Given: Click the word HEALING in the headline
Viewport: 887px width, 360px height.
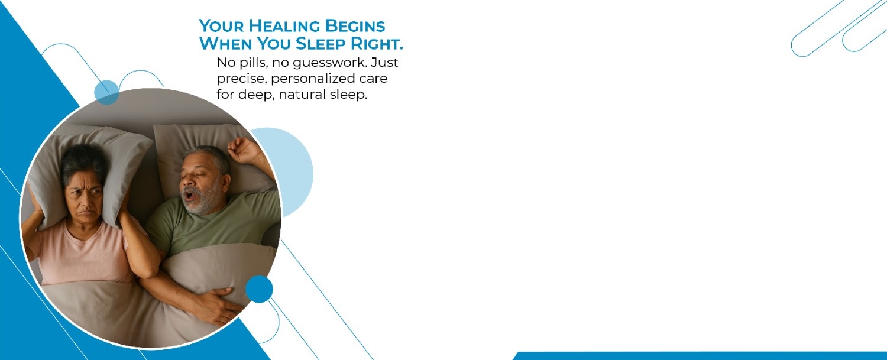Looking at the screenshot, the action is tap(284, 26).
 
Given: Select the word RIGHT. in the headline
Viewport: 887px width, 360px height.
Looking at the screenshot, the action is tap(377, 44).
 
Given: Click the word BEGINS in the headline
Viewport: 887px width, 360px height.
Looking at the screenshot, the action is tap(355, 26).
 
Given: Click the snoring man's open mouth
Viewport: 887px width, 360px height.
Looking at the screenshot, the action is tap(189, 195).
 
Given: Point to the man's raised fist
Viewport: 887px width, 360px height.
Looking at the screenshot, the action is tap(240, 150).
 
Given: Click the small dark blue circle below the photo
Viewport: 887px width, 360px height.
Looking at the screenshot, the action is tap(259, 289).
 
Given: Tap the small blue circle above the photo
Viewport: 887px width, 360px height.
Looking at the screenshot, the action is tap(106, 92).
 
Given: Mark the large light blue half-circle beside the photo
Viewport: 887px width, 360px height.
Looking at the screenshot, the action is tap(295, 172).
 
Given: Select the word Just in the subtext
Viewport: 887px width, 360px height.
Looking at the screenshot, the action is tap(384, 63).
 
